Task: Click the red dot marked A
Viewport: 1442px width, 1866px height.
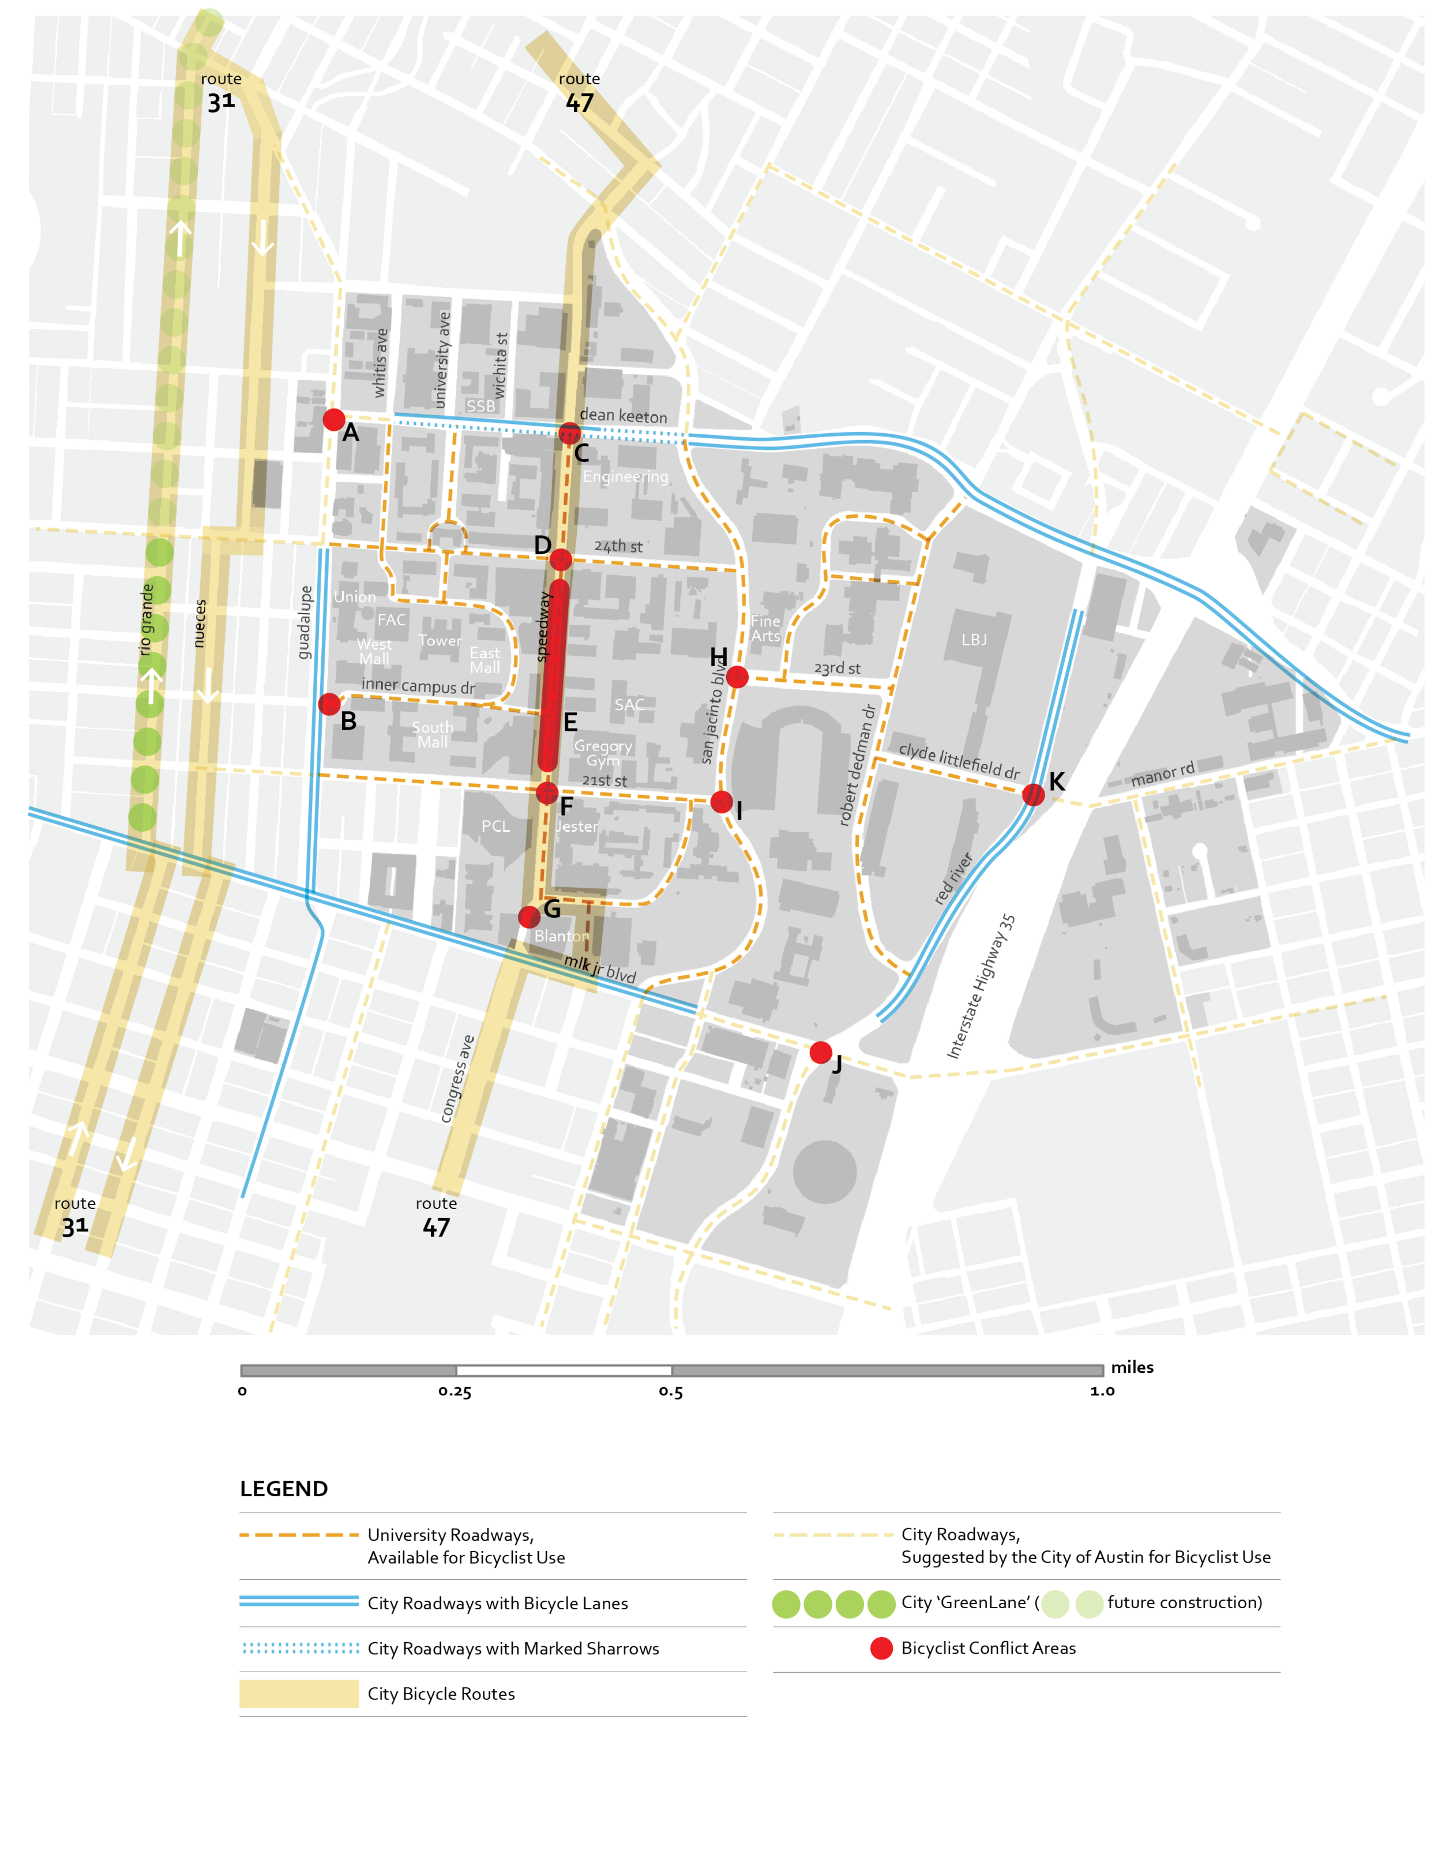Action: (334, 419)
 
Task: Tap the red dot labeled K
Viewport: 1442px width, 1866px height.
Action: (1033, 795)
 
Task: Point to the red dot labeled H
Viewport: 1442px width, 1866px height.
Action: (737, 677)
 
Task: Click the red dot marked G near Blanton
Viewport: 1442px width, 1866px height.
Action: (529, 917)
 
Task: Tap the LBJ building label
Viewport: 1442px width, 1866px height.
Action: (974, 640)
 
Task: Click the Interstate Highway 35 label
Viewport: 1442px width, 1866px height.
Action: (982, 987)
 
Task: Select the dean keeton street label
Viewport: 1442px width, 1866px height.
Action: (624, 416)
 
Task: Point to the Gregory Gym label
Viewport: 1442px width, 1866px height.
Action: (603, 753)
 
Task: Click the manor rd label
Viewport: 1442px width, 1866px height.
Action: (1163, 774)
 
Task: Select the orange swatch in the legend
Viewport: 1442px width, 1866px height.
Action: (303, 1541)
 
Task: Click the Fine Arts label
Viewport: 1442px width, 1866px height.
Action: (765, 629)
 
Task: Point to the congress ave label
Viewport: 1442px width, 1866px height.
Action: (456, 1078)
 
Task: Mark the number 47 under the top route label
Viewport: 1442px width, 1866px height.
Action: (579, 103)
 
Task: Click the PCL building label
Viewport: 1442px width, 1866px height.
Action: (495, 826)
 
